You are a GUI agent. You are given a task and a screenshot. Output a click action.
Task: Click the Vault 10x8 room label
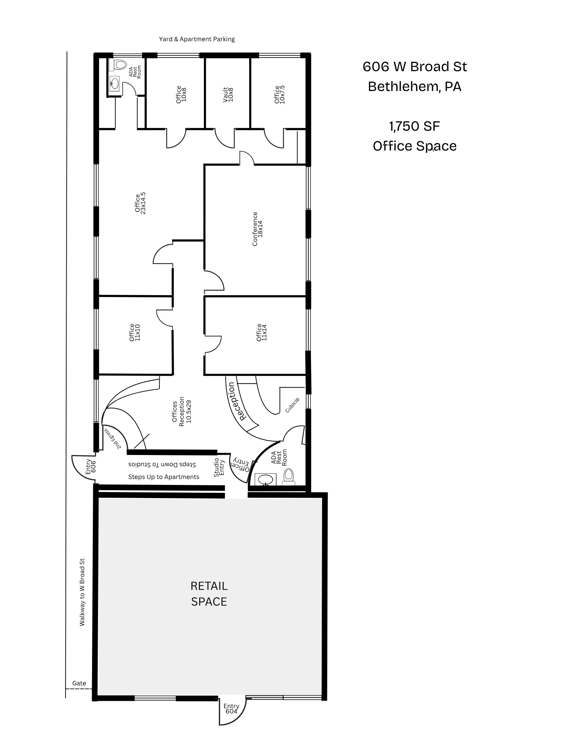coord(228,95)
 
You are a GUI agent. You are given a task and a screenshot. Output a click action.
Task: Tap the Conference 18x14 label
coord(258,229)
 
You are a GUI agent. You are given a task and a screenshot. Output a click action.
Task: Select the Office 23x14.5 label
coord(140,203)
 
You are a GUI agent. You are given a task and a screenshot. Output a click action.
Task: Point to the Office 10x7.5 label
coord(279,94)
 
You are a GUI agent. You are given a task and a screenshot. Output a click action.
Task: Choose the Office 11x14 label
coord(262,332)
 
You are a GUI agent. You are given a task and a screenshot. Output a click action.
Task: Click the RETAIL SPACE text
coord(209,594)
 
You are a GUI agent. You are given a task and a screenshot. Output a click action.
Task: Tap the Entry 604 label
coord(231,709)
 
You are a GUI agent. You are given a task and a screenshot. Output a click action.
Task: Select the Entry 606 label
coord(91,467)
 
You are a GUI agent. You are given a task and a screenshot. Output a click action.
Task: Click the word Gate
coord(79,683)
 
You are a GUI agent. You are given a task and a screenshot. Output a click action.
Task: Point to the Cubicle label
coord(293,405)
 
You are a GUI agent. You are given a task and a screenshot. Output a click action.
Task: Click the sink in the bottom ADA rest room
coord(266,479)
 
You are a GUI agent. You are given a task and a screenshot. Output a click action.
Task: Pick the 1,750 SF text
coord(415,127)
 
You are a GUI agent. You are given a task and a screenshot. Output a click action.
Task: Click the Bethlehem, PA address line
coord(415,87)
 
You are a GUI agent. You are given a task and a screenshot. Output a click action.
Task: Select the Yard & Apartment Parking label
coord(197,39)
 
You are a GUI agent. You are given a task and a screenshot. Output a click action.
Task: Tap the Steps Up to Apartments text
coord(164,477)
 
